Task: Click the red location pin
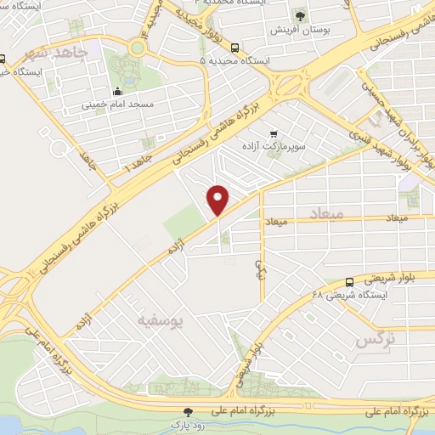(x=219, y=199)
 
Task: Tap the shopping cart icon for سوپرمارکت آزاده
(x=273, y=134)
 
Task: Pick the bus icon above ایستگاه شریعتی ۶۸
(x=349, y=282)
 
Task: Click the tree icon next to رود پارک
(x=189, y=410)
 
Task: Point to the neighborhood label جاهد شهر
(x=58, y=54)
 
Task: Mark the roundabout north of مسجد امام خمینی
(x=138, y=48)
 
